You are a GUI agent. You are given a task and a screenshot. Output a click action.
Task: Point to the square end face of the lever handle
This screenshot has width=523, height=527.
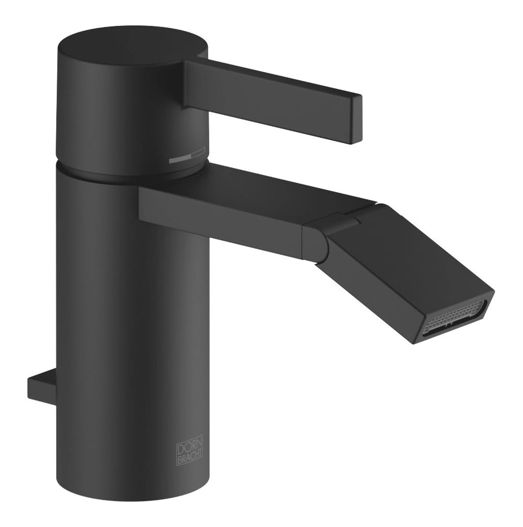[x=357, y=119]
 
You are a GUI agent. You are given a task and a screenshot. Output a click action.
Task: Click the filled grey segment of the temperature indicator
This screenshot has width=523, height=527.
[x=180, y=160]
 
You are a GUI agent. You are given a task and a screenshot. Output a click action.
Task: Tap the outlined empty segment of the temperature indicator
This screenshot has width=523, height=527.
[x=198, y=152]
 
